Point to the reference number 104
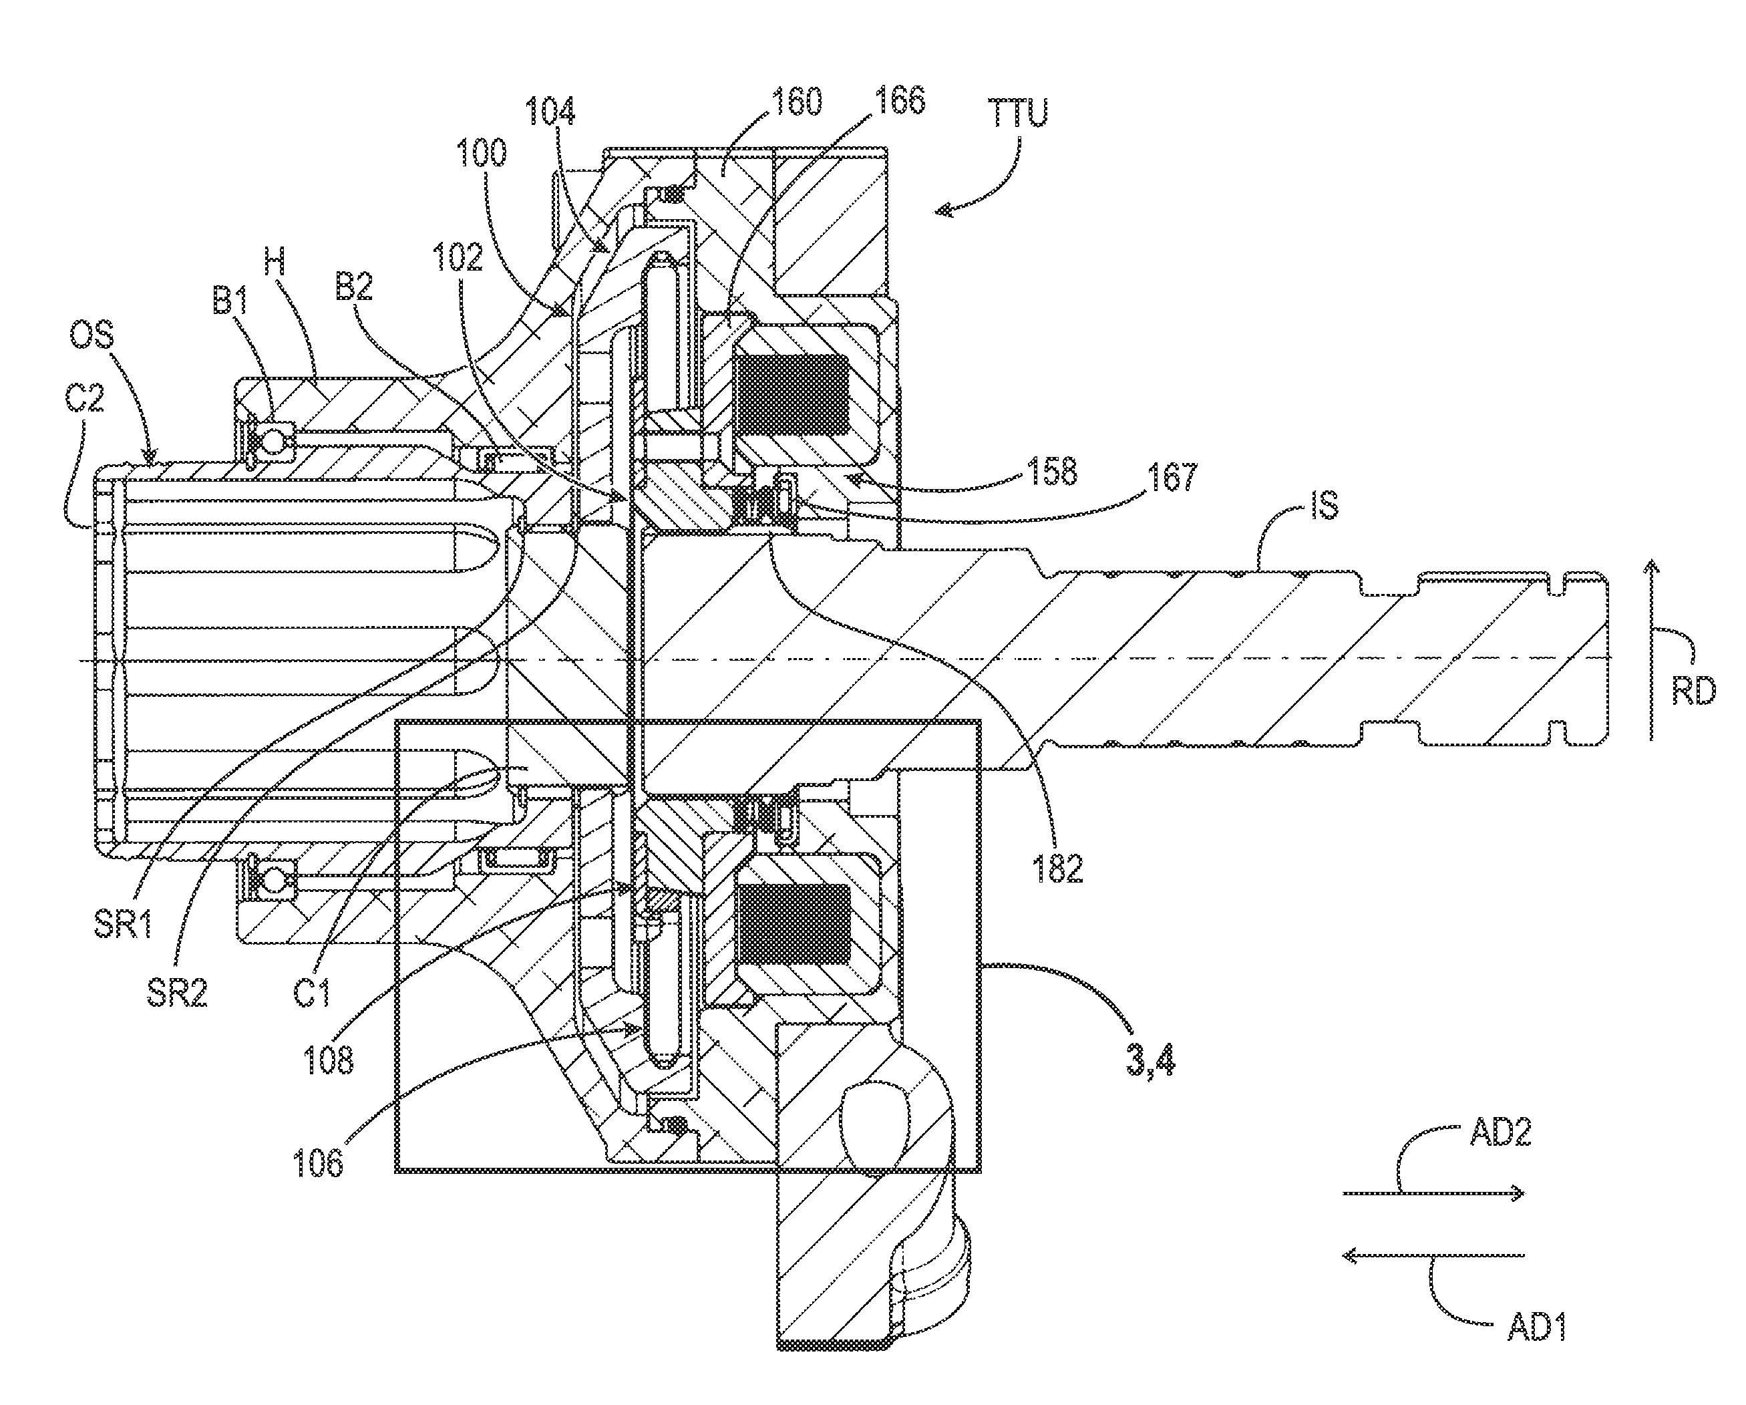(550, 112)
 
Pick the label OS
(92, 335)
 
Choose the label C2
(84, 398)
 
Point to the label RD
(1693, 692)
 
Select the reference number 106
(318, 1164)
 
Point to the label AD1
(1536, 1329)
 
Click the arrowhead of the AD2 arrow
(1520, 1193)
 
